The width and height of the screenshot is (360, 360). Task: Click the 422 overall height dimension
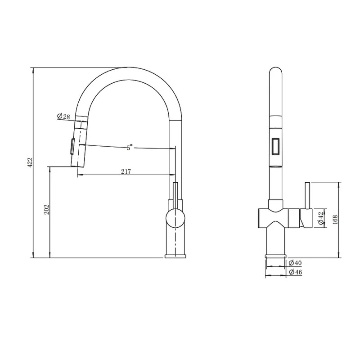[x=31, y=162]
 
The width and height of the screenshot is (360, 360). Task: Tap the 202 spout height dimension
[x=47, y=209]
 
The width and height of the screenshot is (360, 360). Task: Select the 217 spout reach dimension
[x=126, y=171]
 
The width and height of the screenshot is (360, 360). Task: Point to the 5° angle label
[x=130, y=147]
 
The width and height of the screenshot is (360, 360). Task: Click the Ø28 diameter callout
[x=63, y=117]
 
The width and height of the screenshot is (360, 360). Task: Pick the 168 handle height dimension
[x=335, y=220]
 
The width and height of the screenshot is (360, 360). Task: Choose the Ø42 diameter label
[x=321, y=218]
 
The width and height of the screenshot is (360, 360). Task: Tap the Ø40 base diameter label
[x=295, y=262]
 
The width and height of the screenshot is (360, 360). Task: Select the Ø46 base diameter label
[x=295, y=272]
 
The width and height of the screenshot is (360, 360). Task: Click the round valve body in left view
[x=175, y=218]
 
